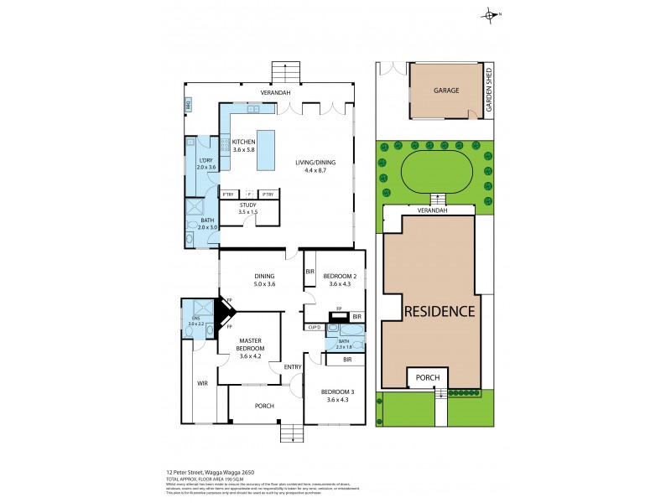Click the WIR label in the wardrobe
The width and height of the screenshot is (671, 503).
(201, 383)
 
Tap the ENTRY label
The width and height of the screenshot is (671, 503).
(292, 367)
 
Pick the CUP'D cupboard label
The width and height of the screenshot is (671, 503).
(315, 327)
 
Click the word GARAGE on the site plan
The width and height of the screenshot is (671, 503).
(445, 90)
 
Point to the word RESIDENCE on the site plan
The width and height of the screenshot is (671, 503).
(440, 311)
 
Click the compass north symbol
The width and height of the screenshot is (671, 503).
(491, 14)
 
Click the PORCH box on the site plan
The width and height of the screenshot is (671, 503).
(428, 378)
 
